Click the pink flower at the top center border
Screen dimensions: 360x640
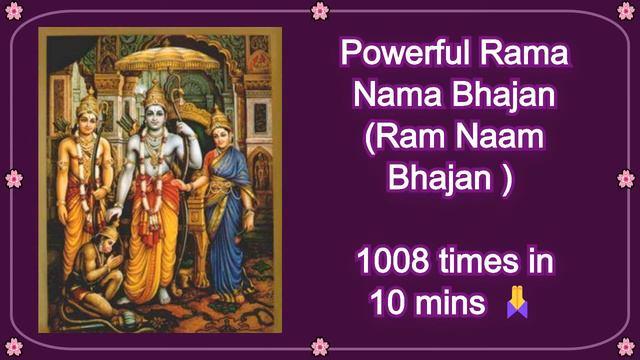pyautogui.click(x=320, y=10)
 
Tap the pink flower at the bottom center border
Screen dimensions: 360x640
pyautogui.click(x=320, y=347)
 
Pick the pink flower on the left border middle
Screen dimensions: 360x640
pyautogui.click(x=13, y=178)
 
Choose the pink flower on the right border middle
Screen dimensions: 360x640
pyautogui.click(x=626, y=178)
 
